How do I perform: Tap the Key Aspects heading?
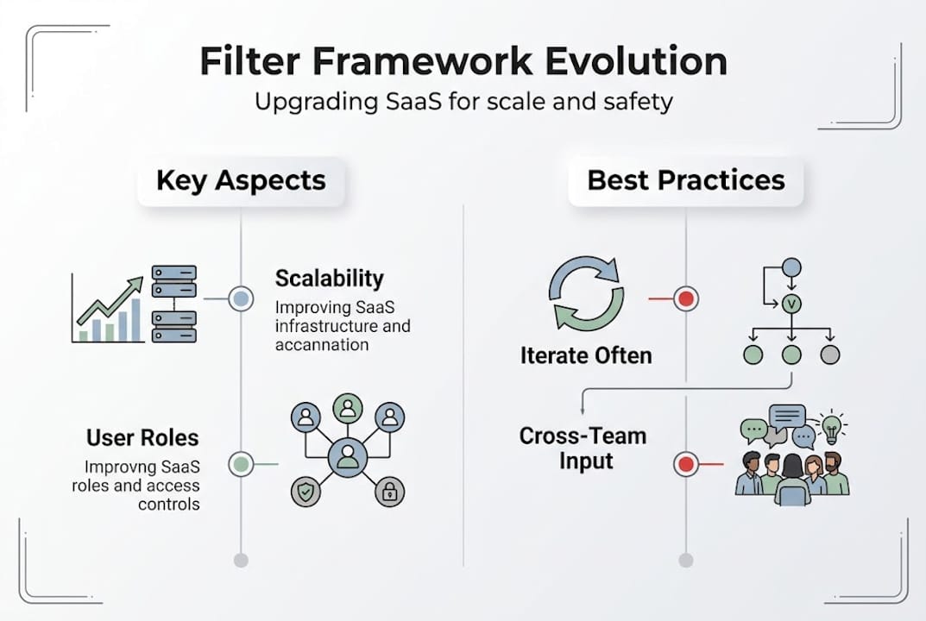241,180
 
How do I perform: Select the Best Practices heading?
686,180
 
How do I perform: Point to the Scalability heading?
329,279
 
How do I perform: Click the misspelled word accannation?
321,345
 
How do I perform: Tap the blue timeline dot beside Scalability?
241,299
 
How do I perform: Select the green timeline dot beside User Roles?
241,465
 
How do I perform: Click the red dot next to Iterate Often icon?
686,299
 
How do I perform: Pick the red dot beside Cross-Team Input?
686,465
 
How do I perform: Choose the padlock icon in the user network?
389,492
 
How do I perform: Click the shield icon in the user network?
305,492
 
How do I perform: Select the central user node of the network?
347,456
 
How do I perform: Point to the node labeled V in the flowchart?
791,304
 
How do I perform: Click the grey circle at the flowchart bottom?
829,354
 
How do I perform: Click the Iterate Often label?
586,355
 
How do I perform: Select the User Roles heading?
143,437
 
